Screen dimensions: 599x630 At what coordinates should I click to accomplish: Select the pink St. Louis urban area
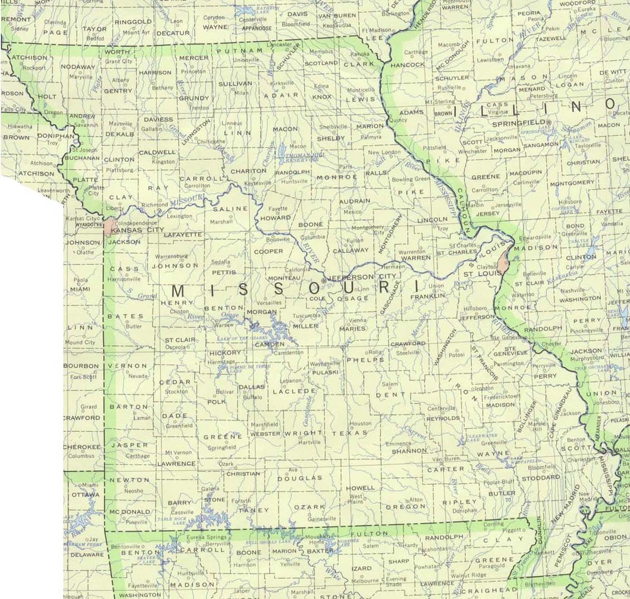[x=504, y=263]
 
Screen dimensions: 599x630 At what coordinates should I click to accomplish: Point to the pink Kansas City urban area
[x=107, y=226]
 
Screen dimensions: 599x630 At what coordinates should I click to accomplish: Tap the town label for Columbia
[x=312, y=237]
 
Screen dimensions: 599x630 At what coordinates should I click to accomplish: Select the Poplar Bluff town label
[x=499, y=482]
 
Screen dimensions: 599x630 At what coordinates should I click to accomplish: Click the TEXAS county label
[x=350, y=433]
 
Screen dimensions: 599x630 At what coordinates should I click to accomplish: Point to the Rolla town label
[x=375, y=352]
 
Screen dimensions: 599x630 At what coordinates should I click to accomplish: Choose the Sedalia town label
[x=220, y=261]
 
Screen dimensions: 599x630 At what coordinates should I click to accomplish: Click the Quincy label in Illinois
[x=399, y=120]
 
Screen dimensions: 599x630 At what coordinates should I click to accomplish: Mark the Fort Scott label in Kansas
[x=83, y=377]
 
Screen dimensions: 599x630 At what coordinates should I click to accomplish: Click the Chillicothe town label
[x=212, y=142]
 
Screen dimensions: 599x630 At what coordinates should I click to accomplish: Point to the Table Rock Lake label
[x=171, y=521]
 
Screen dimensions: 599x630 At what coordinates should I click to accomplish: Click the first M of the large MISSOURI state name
[x=179, y=291]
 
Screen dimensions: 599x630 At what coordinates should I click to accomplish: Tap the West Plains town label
[x=356, y=499]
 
